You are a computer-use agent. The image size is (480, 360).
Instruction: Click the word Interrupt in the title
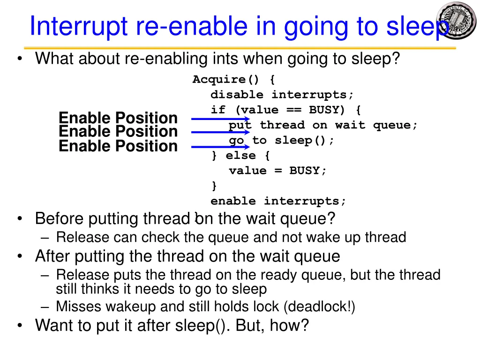(x=79, y=26)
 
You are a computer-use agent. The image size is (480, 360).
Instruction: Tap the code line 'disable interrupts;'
(x=282, y=95)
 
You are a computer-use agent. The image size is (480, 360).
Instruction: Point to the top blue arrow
(x=220, y=119)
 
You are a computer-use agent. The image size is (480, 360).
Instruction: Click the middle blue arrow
(x=220, y=132)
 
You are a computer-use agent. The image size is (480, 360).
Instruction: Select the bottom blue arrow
(x=220, y=147)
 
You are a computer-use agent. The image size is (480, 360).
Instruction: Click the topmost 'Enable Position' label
(x=118, y=118)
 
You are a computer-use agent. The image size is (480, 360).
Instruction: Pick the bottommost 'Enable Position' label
(x=118, y=146)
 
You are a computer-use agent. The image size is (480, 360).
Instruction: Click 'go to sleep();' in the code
(x=282, y=141)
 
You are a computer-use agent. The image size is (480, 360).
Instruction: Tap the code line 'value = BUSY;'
(x=277, y=171)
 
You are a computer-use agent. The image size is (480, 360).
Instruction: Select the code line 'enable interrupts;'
(x=278, y=201)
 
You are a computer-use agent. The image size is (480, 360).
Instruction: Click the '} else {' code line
(x=240, y=156)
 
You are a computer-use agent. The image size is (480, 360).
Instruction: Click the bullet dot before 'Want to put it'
(x=19, y=325)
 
